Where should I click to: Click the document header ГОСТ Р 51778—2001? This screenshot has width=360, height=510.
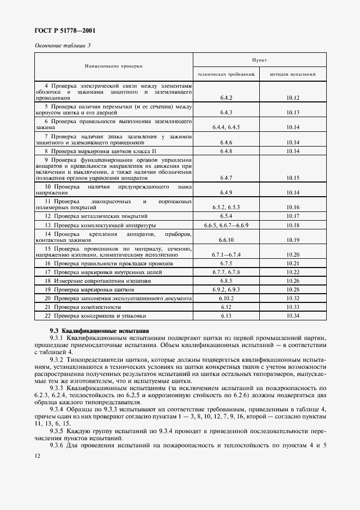click(x=61, y=32)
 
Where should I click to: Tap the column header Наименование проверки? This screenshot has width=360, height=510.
click(x=113, y=66)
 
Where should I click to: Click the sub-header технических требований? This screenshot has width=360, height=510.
click(x=226, y=73)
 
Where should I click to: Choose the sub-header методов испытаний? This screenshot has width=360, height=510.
click(x=293, y=73)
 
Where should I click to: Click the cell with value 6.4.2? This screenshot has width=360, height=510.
click(x=227, y=98)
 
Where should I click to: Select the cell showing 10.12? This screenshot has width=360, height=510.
click(x=293, y=98)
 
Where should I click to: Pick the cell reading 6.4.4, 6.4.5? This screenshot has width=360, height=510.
click(x=227, y=127)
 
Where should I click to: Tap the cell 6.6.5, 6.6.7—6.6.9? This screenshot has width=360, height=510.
click(x=227, y=225)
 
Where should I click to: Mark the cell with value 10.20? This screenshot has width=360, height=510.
click(x=293, y=254)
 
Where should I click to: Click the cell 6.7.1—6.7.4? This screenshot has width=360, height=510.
click(x=227, y=254)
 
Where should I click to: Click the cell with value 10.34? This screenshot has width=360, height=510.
click(x=293, y=316)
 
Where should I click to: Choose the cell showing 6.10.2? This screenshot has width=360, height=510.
click(x=227, y=299)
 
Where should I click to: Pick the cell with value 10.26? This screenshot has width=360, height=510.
click(x=293, y=281)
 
